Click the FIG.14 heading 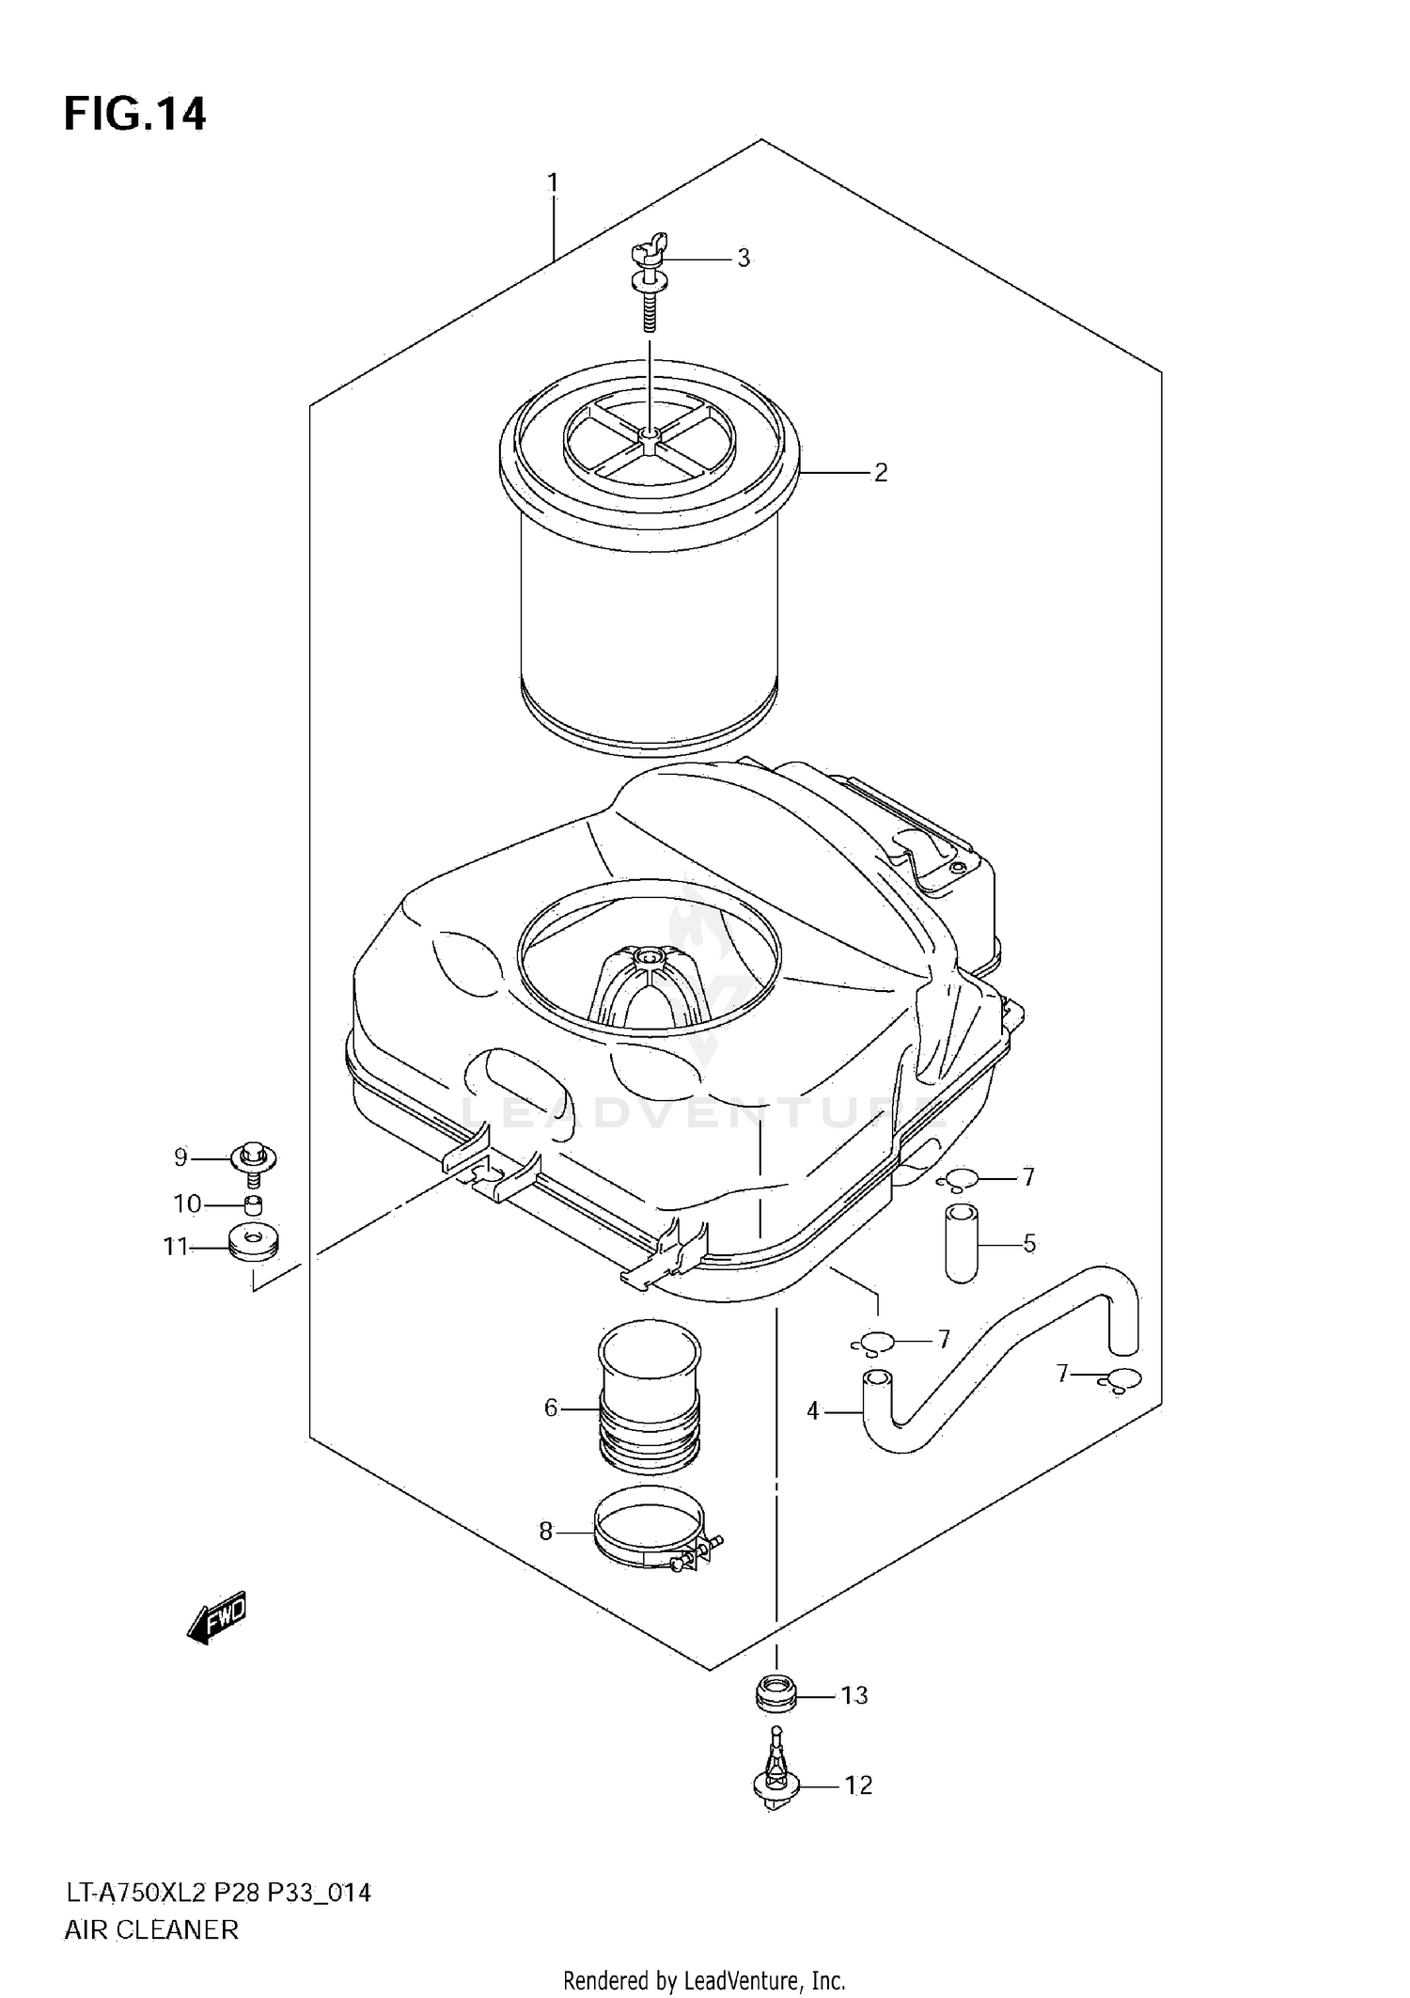[134, 115]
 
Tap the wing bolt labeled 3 [650, 282]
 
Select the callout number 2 [881, 473]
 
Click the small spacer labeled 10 [253, 1206]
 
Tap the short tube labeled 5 [962, 1241]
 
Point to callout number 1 [554, 181]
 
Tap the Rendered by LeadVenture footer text [704, 1979]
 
